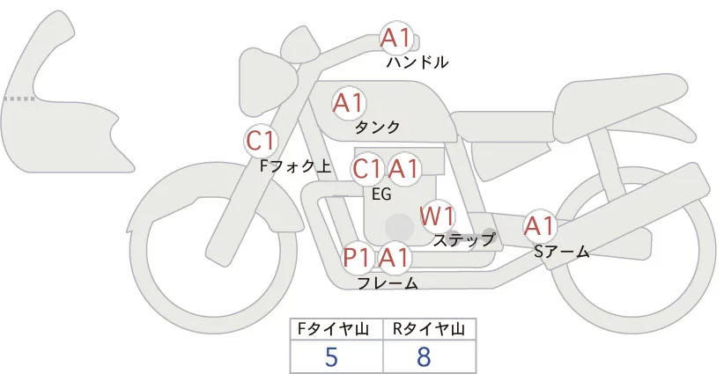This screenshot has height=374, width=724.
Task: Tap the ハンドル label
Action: (x=417, y=62)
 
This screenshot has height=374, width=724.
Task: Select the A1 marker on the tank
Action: (x=349, y=104)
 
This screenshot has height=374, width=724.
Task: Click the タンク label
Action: (x=377, y=127)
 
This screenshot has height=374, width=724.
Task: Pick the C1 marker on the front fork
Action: (x=262, y=141)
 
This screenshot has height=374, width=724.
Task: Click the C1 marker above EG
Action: (x=366, y=169)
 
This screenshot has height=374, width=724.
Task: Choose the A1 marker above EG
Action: (x=404, y=169)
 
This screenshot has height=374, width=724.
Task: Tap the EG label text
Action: (x=381, y=194)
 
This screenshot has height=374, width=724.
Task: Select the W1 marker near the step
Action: (x=436, y=216)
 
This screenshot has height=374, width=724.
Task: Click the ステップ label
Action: (x=464, y=238)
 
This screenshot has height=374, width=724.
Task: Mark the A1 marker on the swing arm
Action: (x=539, y=227)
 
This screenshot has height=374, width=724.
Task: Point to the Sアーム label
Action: (x=561, y=252)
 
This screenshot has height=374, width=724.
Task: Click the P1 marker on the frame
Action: (x=358, y=259)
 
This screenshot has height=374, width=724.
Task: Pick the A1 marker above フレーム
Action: (x=395, y=259)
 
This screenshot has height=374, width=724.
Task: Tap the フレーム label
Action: (x=388, y=282)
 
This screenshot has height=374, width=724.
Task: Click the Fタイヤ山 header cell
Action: (x=336, y=329)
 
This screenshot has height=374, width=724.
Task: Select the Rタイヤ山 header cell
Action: (x=429, y=329)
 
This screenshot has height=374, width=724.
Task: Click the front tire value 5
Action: (x=331, y=357)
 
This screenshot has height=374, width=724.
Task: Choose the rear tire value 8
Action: (x=424, y=357)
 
